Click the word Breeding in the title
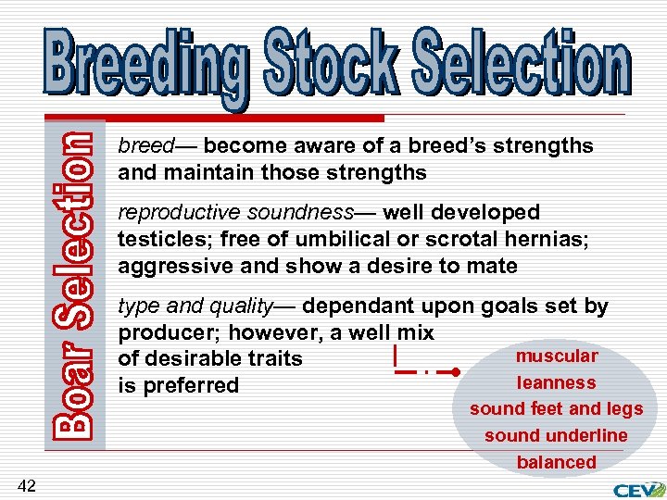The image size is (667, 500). tap(145, 63)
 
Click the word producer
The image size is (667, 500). tap(158, 332)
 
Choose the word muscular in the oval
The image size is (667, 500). tap(557, 356)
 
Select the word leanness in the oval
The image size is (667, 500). tap(557, 382)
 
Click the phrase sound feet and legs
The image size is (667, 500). tap(557, 408)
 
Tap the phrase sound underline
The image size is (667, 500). tap(557, 435)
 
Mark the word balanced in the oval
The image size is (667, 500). tap(557, 462)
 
